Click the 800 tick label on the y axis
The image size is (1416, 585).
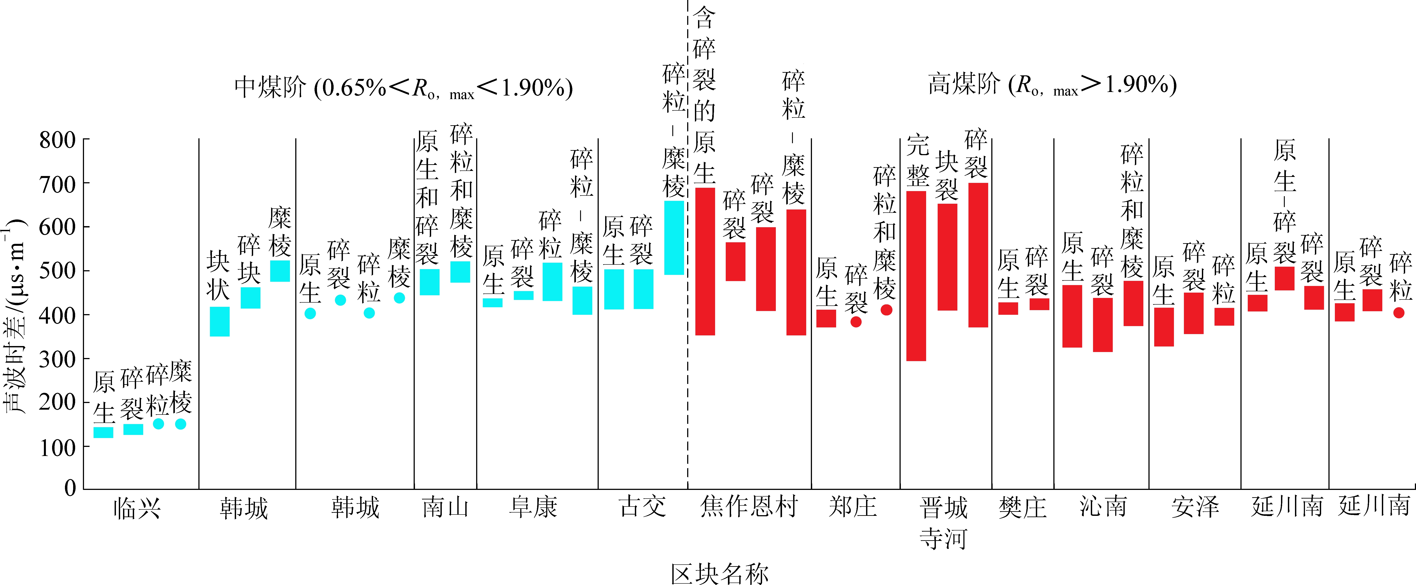tap(57, 140)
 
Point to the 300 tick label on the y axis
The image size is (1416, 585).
tap(57, 359)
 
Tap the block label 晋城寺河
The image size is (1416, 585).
tap(943, 522)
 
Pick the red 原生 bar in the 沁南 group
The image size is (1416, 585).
tap(1072, 316)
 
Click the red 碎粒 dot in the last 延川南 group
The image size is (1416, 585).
tap(1399, 313)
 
